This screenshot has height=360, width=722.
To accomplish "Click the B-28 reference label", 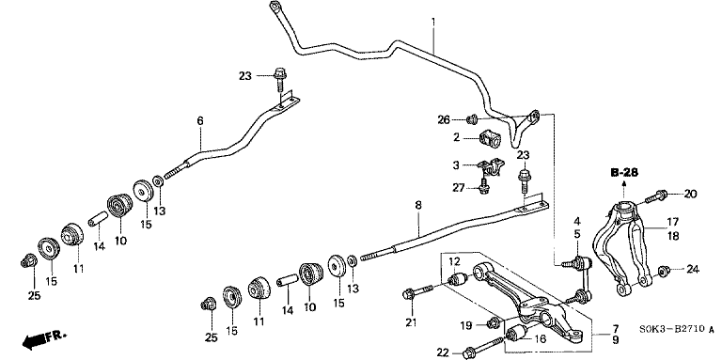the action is click(x=624, y=173).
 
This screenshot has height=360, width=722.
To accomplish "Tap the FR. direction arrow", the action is click(x=44, y=338).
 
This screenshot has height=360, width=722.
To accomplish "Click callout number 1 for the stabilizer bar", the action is click(x=432, y=22).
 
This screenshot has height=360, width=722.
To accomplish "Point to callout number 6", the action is click(x=200, y=121).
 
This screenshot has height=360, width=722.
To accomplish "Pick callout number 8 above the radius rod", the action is click(x=418, y=205).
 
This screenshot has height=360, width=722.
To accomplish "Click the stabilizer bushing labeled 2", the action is click(x=490, y=138).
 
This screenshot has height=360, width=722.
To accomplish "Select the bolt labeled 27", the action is click(x=483, y=185).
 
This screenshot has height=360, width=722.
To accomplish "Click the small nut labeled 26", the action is click(x=472, y=119).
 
